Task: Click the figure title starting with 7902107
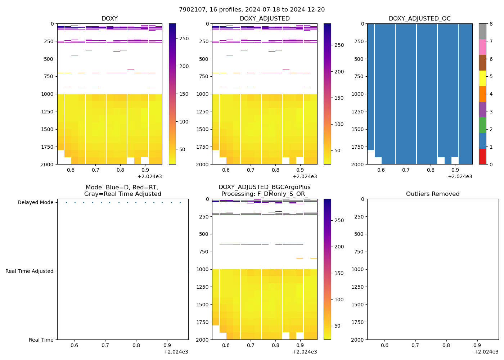(252, 10)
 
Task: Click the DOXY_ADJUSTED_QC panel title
(419, 19)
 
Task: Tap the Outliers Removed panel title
(433, 194)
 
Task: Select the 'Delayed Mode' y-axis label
(35, 203)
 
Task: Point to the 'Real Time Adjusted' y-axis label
(29, 271)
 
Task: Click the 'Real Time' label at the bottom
(41, 340)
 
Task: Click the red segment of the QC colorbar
(482, 157)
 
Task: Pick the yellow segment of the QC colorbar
(482, 78)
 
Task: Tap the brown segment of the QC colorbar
(482, 63)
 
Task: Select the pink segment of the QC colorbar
(482, 47)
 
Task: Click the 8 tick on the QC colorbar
(491, 24)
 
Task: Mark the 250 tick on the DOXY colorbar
(184, 39)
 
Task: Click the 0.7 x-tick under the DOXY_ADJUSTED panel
(251, 170)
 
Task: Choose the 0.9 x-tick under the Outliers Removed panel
(477, 346)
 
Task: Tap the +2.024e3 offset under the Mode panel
(176, 352)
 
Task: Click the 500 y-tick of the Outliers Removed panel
(358, 234)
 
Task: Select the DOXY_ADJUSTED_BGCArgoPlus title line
(264, 187)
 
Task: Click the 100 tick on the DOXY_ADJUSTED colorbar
(339, 124)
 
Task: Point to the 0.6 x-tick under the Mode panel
(74, 346)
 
